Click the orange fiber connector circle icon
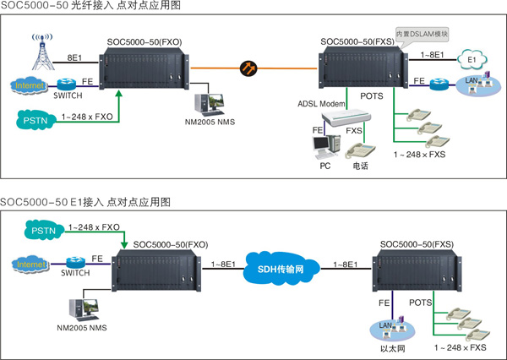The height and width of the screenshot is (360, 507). pos(248,68)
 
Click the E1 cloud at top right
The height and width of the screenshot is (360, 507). pos(470,61)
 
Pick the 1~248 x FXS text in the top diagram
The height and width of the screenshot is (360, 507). pos(420,154)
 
